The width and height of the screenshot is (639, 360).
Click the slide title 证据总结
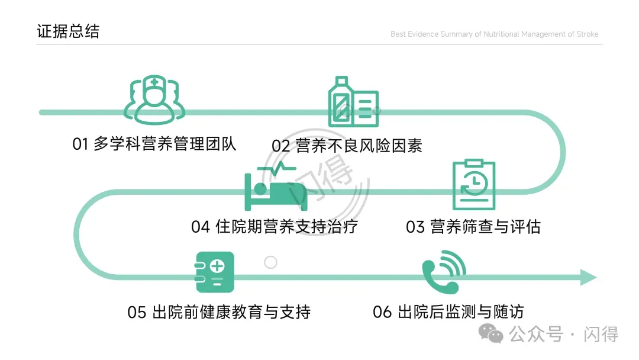coord(68,31)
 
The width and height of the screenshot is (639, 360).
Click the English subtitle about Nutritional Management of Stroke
coord(494,34)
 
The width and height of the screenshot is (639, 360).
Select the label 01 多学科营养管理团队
coord(154,144)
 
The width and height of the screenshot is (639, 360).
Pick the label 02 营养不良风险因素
coord(347,146)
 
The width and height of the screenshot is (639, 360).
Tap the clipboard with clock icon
coord(473,184)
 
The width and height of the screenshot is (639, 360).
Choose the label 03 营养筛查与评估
coord(473,226)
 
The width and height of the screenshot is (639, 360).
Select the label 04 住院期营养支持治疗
coord(274,226)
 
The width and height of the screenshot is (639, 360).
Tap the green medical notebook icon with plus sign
coord(215,272)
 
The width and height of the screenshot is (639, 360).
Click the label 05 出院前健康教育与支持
coord(219,312)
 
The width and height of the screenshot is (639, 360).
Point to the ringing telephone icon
coord(443,272)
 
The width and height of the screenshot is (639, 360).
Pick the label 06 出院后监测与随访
coord(448,312)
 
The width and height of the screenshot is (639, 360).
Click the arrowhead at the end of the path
coord(588,277)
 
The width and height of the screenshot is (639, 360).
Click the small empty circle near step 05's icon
coord(270,262)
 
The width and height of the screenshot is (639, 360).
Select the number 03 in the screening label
coord(415,227)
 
